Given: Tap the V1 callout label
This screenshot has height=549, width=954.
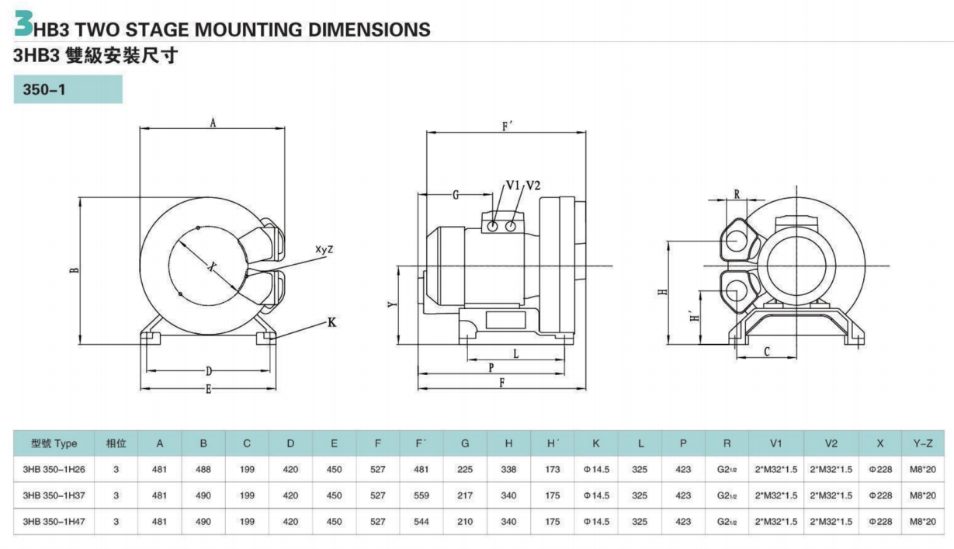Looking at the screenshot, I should [x=512, y=185].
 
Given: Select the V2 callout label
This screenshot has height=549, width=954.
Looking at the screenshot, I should [x=533, y=185].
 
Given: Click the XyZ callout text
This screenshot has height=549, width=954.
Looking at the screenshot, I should [x=324, y=249].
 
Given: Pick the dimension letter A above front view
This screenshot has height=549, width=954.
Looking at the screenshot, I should [x=212, y=123].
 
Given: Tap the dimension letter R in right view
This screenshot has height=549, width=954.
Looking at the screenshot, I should [x=736, y=194].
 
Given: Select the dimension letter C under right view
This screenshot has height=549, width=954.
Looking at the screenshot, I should [x=766, y=352].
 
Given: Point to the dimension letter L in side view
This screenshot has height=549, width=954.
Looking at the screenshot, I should [x=516, y=353].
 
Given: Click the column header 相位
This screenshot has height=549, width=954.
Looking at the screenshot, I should [x=116, y=443].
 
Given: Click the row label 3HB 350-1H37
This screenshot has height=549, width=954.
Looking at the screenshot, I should [x=54, y=495].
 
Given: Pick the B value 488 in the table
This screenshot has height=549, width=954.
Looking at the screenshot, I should [x=203, y=469].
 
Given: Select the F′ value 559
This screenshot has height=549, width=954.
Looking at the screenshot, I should [x=421, y=495].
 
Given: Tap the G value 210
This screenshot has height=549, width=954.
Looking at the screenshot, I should [x=465, y=522].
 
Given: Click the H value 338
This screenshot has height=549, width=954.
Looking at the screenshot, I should [x=508, y=469].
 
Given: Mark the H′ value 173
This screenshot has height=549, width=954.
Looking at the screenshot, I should [x=552, y=469].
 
